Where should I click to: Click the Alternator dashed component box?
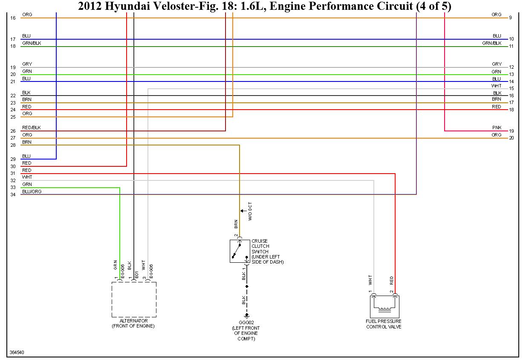(x=134, y=299)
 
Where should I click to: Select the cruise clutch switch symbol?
(x=240, y=251)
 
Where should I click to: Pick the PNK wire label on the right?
(x=497, y=128)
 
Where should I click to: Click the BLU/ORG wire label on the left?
(x=32, y=192)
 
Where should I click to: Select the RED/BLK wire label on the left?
(x=31, y=128)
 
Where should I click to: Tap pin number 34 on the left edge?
(x=13, y=195)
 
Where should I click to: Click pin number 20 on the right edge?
(x=512, y=138)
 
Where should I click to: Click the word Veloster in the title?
(x=175, y=6)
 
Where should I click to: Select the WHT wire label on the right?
(x=497, y=86)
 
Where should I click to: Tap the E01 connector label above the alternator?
(x=136, y=275)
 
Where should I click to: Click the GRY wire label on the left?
(x=27, y=64)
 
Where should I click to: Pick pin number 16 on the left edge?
(x=13, y=18)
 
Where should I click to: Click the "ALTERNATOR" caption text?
(x=133, y=321)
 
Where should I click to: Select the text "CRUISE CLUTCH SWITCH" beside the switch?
(x=260, y=247)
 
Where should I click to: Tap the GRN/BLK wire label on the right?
(x=492, y=43)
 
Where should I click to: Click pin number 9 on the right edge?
(x=510, y=18)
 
